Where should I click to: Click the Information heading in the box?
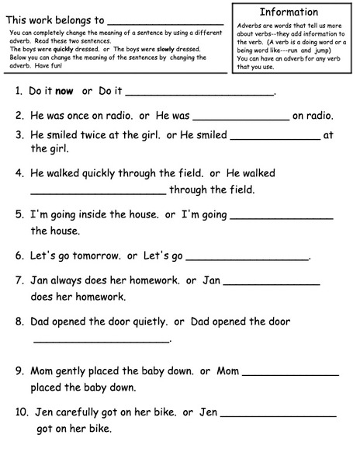(289, 12)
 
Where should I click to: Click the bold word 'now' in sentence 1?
(64, 92)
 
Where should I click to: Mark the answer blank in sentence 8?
(102, 340)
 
